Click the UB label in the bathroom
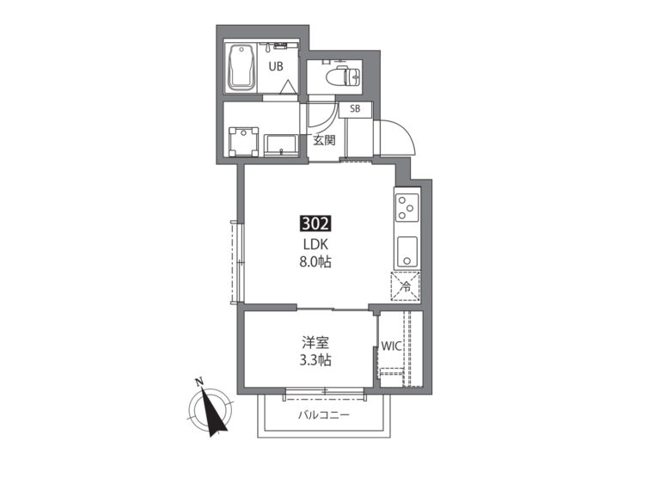click(276, 66)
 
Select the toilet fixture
click(344, 75)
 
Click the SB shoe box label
click(355, 108)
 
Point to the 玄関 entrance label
click(324, 140)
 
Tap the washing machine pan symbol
click(243, 142)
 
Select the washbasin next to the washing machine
click(281, 145)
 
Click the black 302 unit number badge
click(315, 224)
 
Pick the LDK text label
click(315, 244)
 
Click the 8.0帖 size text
click(315, 262)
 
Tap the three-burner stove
click(407, 207)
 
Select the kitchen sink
click(406, 251)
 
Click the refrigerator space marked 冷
click(406, 287)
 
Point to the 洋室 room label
click(315, 343)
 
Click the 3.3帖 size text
click(315, 360)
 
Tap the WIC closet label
click(392, 346)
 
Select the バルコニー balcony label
click(324, 415)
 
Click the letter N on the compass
click(199, 383)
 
